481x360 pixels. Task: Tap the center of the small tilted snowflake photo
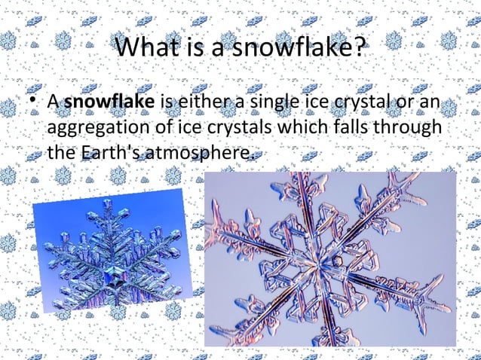[113, 260]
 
